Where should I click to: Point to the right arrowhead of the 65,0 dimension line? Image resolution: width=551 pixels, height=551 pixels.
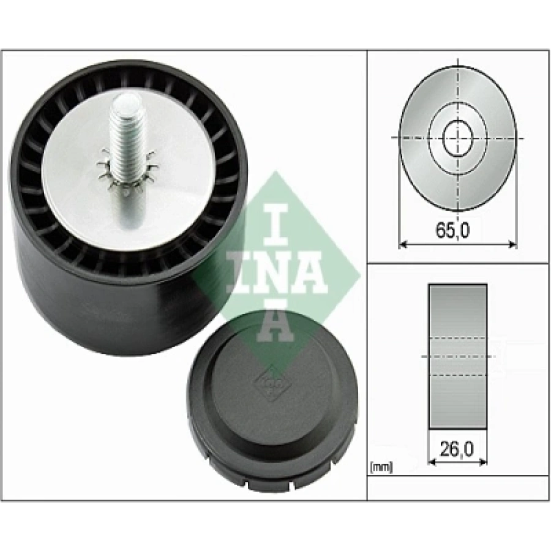pyautogui.click(x=512, y=244)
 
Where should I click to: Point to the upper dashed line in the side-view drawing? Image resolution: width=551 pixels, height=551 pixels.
pyautogui.click(x=458, y=337)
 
